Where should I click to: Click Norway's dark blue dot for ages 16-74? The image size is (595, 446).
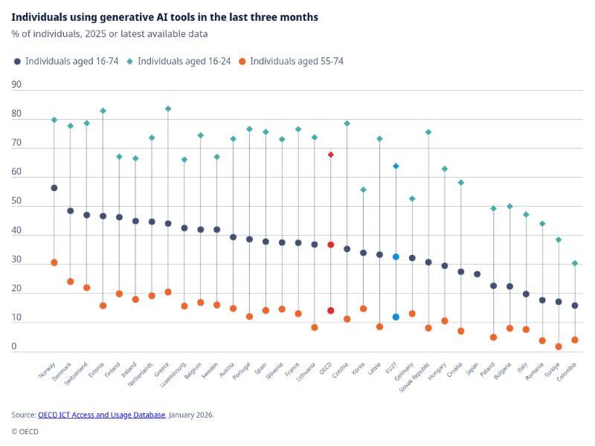click(54, 188)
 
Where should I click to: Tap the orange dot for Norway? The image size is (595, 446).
click(54, 262)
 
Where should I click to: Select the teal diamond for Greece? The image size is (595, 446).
click(168, 109)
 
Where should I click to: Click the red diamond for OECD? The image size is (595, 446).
click(331, 155)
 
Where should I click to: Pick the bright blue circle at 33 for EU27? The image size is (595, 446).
click(396, 256)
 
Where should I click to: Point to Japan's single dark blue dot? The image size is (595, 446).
click(477, 274)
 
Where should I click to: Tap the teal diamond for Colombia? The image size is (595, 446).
click(575, 263)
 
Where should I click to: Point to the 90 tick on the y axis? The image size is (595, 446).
click(16, 85)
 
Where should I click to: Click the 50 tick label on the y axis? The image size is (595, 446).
click(16, 201)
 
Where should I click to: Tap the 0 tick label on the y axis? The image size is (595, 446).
click(14, 346)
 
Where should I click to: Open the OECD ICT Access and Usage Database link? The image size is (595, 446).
click(101, 415)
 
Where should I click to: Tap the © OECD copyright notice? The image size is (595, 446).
click(25, 431)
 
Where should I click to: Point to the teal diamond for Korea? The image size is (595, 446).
click(363, 190)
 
